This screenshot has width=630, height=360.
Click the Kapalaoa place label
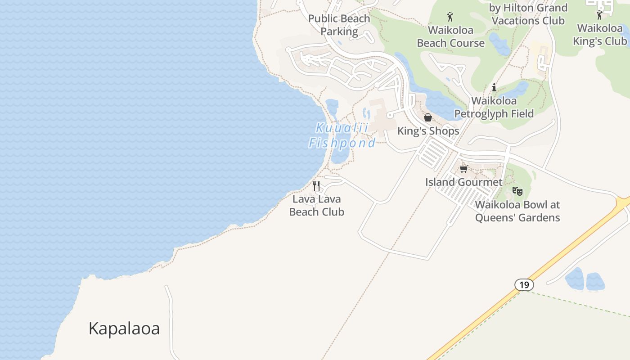click(124, 328)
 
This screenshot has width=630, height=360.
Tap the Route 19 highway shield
click(524, 285)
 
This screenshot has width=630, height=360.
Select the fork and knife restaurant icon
click(317, 185)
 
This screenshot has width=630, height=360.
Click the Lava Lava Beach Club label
click(317, 206)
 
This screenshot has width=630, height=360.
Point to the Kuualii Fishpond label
click(342, 135)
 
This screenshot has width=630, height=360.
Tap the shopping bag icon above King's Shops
click(428, 117)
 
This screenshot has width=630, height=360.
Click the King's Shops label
click(428, 131)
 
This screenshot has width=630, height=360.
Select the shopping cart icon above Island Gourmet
click(464, 169)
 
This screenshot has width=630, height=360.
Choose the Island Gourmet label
click(464, 182)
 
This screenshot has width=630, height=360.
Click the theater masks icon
click(517, 191)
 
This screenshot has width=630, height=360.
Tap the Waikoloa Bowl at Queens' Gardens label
click(517, 211)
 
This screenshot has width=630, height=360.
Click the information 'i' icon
click(494, 87)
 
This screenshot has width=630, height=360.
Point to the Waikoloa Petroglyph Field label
click(494, 107)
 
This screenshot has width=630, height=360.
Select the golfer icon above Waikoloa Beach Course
click(450, 17)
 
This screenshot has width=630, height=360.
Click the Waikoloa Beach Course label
click(450, 36)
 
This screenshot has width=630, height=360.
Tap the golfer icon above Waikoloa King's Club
click(599, 15)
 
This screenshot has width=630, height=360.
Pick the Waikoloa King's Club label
click(599, 34)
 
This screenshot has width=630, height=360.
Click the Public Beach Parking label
click(339, 25)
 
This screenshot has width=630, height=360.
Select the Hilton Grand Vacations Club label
click(528, 14)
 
